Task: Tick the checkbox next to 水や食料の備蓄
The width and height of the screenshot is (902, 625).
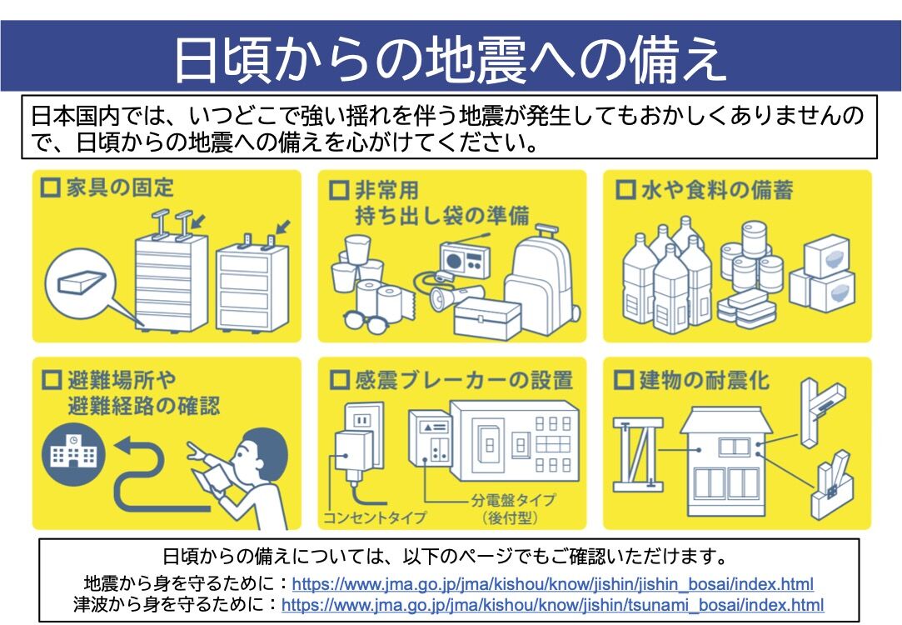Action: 624,189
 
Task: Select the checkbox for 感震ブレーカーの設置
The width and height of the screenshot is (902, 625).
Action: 338,381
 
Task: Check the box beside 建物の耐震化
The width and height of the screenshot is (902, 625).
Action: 624,381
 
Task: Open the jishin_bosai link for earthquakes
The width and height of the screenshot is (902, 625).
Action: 552,584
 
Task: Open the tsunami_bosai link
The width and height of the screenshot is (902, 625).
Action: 552,604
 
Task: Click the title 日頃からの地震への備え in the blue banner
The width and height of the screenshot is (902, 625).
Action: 451,58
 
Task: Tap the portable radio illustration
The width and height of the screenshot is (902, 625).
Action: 463,258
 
